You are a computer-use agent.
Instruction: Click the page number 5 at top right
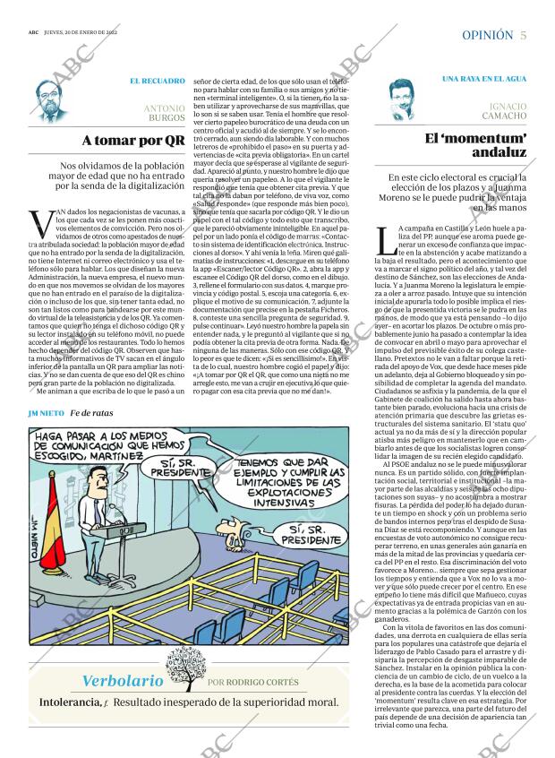pos(523,35)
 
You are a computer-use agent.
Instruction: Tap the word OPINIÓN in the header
pos(487,35)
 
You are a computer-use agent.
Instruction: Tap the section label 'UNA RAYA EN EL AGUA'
pos(484,80)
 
